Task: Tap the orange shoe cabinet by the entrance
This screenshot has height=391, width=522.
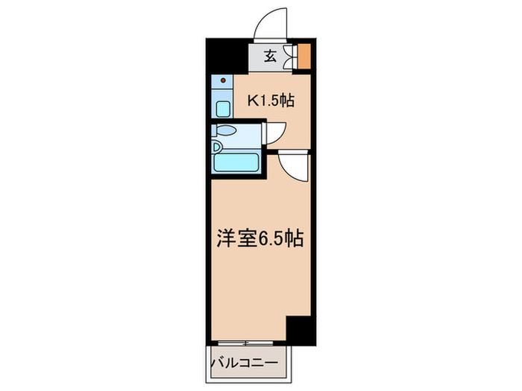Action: pyautogui.click(x=304, y=57)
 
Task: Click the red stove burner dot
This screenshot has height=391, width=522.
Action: pyautogui.click(x=224, y=79)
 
